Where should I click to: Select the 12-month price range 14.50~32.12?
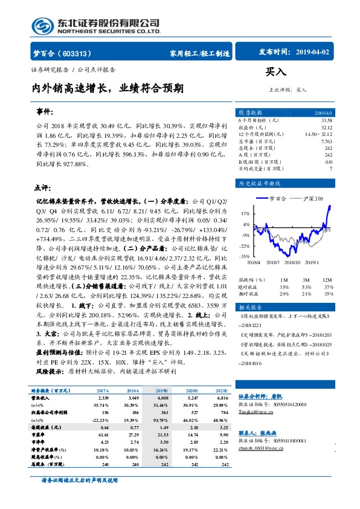point(318,134)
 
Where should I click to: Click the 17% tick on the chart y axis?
point(245,213)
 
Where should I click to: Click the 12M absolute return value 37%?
point(328,287)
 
